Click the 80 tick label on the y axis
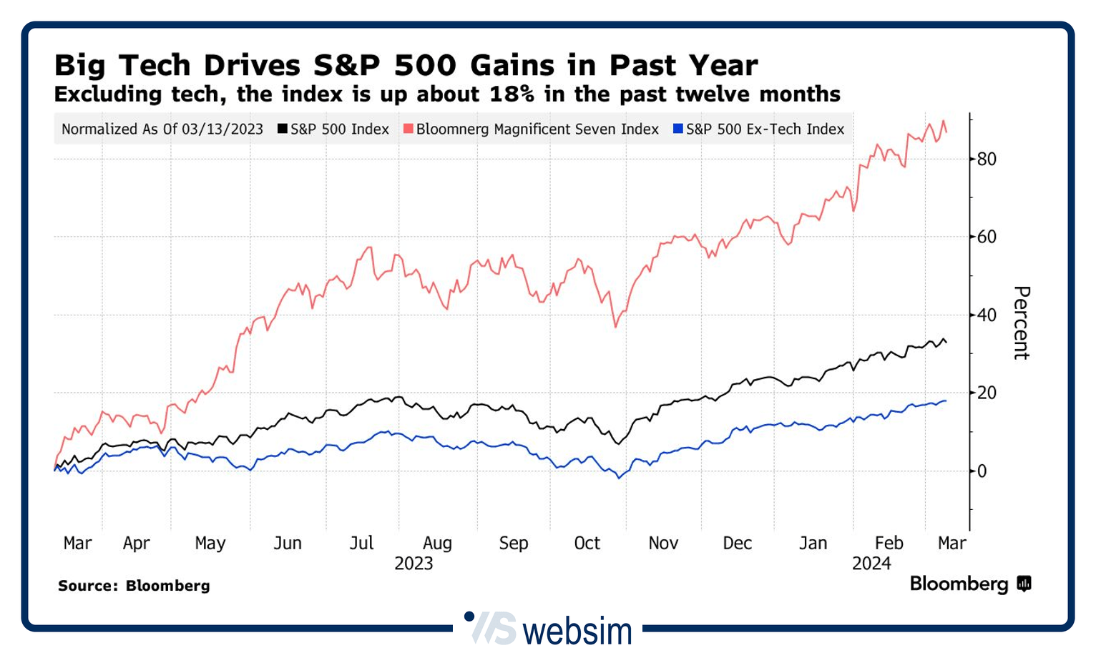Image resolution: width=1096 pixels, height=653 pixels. click(x=987, y=159)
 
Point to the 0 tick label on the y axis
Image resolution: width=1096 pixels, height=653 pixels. click(x=982, y=471)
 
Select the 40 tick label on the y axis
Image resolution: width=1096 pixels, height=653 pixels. click(x=987, y=315)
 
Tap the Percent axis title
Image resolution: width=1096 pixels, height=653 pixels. click(x=1021, y=323)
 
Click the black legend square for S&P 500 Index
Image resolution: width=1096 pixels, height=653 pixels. click(x=283, y=129)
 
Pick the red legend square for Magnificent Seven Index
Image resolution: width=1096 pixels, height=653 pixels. click(x=408, y=129)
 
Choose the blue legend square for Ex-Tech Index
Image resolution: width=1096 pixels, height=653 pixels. click(x=678, y=129)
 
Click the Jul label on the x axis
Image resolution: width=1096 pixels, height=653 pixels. click(x=361, y=544)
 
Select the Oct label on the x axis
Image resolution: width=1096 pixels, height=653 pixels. click(x=587, y=544)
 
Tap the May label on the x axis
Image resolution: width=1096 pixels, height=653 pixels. click(x=210, y=544)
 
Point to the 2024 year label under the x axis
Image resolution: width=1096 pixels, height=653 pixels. click(x=871, y=564)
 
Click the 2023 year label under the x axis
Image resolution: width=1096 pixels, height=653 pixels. click(x=414, y=564)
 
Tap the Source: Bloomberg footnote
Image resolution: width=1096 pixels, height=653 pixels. click(x=134, y=586)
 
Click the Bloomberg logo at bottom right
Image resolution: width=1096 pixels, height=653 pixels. click(x=969, y=584)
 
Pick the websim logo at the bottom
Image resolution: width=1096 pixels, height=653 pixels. click(x=551, y=629)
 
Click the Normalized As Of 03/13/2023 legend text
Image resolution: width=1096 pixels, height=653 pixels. click(x=162, y=129)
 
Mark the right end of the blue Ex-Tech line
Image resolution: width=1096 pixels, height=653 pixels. click(x=946, y=401)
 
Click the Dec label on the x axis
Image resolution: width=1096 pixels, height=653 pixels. click(x=737, y=544)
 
